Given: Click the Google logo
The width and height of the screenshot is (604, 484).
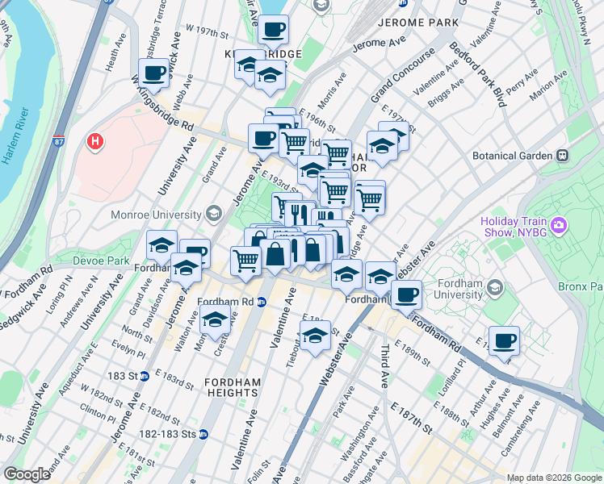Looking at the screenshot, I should coord(27,474).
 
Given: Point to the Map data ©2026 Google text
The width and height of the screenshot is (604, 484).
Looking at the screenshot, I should coord(552,478).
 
